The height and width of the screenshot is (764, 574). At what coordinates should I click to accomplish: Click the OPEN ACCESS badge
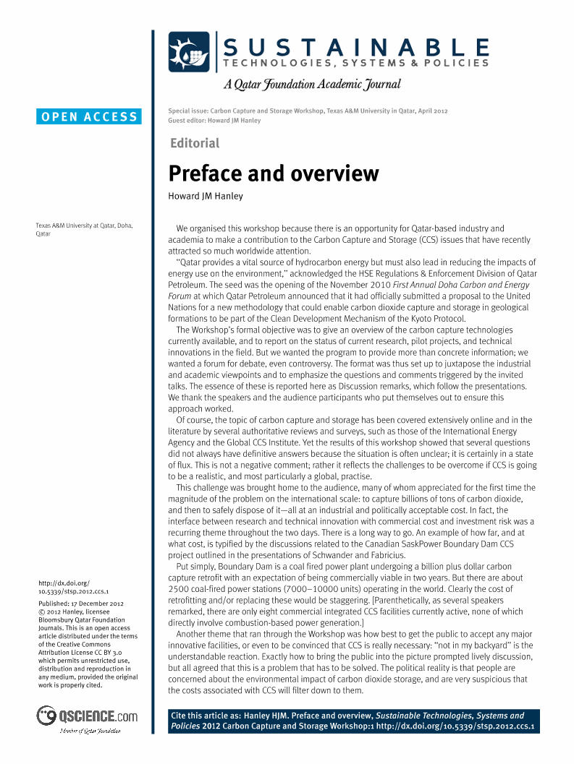pyautogui.click(x=89, y=116)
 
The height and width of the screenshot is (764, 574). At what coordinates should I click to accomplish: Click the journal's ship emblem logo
pyautogui.click(x=188, y=52)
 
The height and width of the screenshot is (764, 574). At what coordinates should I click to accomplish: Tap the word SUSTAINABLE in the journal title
pyautogui.click(x=355, y=48)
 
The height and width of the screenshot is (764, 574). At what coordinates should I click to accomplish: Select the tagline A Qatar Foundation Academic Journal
pyautogui.click(x=312, y=85)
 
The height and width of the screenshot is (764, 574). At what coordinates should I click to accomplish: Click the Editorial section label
pyautogui.click(x=194, y=143)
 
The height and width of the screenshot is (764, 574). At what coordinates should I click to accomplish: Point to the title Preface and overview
pyautogui.click(x=273, y=173)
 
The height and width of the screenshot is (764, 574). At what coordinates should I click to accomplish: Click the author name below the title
pyautogui.click(x=206, y=196)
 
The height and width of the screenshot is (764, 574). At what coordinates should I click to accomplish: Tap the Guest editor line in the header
pyautogui.click(x=214, y=121)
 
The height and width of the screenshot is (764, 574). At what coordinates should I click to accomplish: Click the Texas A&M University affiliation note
pyautogui.click(x=83, y=230)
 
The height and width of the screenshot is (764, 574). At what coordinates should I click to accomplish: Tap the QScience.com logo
pyautogui.click(x=88, y=716)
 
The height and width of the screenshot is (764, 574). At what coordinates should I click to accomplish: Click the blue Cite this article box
pyautogui.click(x=351, y=720)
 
